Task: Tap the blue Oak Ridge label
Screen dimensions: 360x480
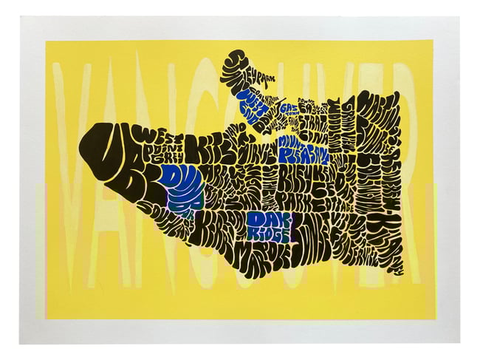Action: [x=267, y=225]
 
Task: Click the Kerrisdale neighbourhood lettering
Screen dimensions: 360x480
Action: [x=214, y=233]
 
